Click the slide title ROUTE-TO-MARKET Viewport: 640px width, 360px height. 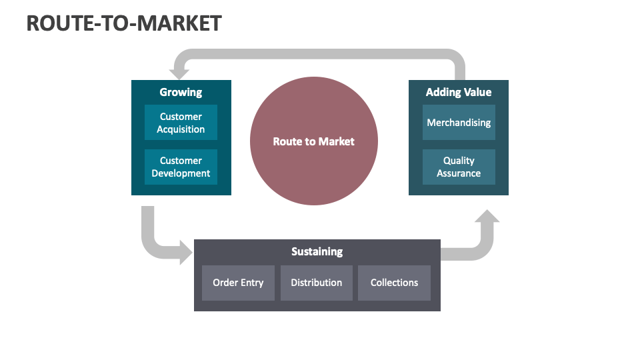pyautogui.click(x=124, y=23)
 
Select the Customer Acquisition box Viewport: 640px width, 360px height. pyautogui.click(x=181, y=123)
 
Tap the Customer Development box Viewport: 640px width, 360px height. pyautogui.click(x=181, y=167)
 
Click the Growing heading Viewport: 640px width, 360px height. pyautogui.click(x=181, y=92)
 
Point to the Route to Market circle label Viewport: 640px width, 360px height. pyautogui.click(x=313, y=141)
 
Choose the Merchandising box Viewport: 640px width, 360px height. pyautogui.click(x=459, y=123)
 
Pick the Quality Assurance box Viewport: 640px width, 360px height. pyautogui.click(x=459, y=167)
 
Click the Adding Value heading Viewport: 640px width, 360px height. pyautogui.click(x=459, y=92)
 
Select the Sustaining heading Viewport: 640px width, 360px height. pyautogui.click(x=317, y=251)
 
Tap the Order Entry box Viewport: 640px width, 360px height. pyautogui.click(x=238, y=283)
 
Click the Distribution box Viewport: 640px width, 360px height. pyautogui.click(x=316, y=283)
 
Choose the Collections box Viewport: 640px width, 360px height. pyautogui.click(x=394, y=283)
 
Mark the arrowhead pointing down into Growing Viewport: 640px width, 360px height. pyautogui.click(x=178, y=73)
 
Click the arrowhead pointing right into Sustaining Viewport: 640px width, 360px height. pyautogui.click(x=186, y=252)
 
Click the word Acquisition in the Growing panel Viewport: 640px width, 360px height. pyautogui.click(x=181, y=129)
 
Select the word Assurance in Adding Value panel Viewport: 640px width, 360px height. pyautogui.click(x=459, y=173)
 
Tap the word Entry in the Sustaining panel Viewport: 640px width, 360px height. pyautogui.click(x=252, y=283)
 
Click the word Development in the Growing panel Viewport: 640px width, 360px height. pyautogui.click(x=181, y=173)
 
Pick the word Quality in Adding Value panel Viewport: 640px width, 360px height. pyautogui.click(x=459, y=161)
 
